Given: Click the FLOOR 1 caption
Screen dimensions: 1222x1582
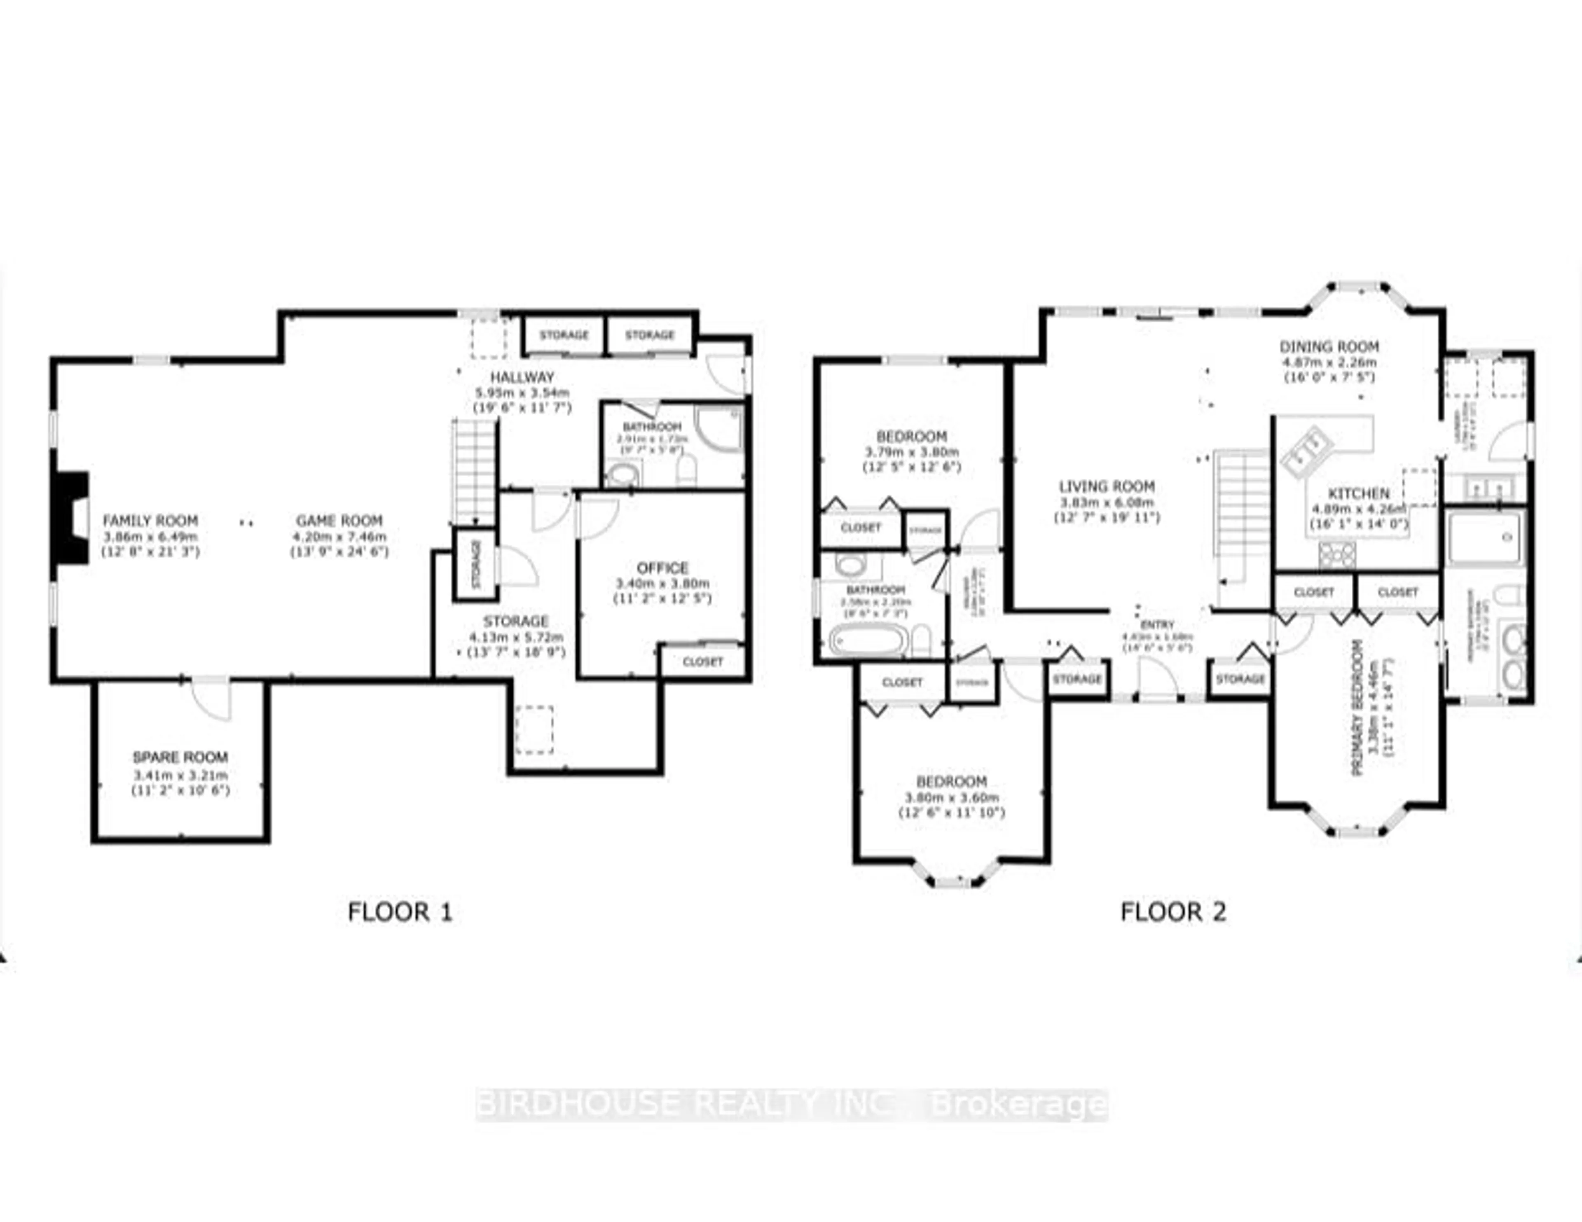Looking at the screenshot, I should (400, 912).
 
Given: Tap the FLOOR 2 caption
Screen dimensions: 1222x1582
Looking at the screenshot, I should (1173, 912).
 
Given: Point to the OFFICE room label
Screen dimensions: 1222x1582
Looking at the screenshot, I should (662, 568).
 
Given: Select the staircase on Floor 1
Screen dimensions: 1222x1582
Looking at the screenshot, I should (475, 471).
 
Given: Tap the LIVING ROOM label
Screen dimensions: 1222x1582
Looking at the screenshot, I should (1107, 487).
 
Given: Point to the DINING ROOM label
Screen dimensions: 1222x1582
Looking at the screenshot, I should (1329, 347).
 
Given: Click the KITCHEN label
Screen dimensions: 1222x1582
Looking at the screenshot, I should (1358, 493).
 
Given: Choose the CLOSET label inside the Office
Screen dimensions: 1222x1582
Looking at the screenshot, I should (702, 662).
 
